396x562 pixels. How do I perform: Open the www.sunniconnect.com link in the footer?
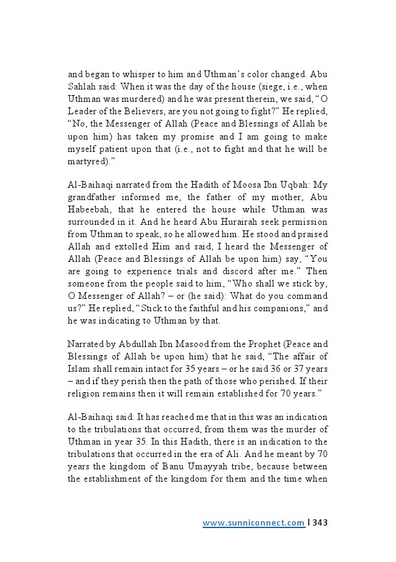tap(254, 523)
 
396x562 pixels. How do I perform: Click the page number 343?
tap(319, 523)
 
